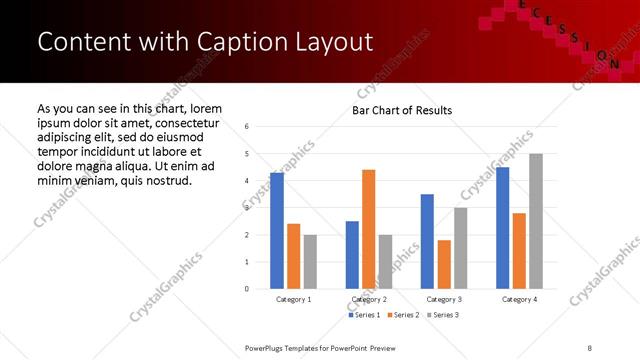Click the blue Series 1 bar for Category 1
(277, 231)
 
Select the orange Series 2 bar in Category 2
(369, 229)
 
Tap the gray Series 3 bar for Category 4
(536, 221)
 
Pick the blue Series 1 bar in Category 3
(427, 241)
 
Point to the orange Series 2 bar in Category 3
(444, 264)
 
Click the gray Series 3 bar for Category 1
(310, 262)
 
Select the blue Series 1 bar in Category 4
(502, 228)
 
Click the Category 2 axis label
(368, 299)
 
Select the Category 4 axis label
(519, 299)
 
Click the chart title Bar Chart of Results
(402, 110)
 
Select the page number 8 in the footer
(589, 347)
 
